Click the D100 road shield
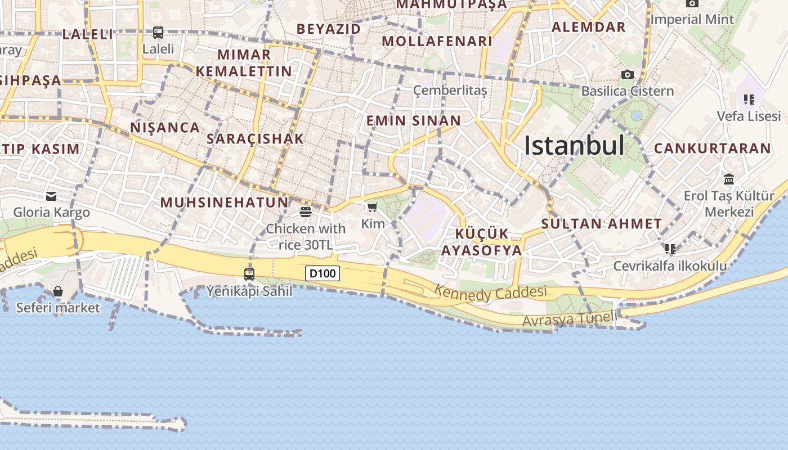(323, 274)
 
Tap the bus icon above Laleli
(158, 33)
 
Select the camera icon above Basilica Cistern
(627, 74)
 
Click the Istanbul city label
(574, 145)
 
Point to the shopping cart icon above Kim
(372, 208)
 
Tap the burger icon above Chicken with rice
(306, 212)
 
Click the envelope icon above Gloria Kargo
(51, 196)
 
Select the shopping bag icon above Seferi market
(58, 291)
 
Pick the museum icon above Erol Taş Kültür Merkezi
(729, 179)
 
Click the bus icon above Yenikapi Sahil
(249, 274)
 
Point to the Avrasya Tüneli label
(570, 319)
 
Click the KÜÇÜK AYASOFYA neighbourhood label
(481, 242)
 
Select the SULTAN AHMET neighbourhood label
(601, 224)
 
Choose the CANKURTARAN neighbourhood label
(712, 148)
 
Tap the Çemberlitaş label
(450, 91)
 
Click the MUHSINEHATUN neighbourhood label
(224, 202)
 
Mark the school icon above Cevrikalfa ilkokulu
(670, 249)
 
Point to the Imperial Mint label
(692, 20)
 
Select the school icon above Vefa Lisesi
(749, 100)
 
